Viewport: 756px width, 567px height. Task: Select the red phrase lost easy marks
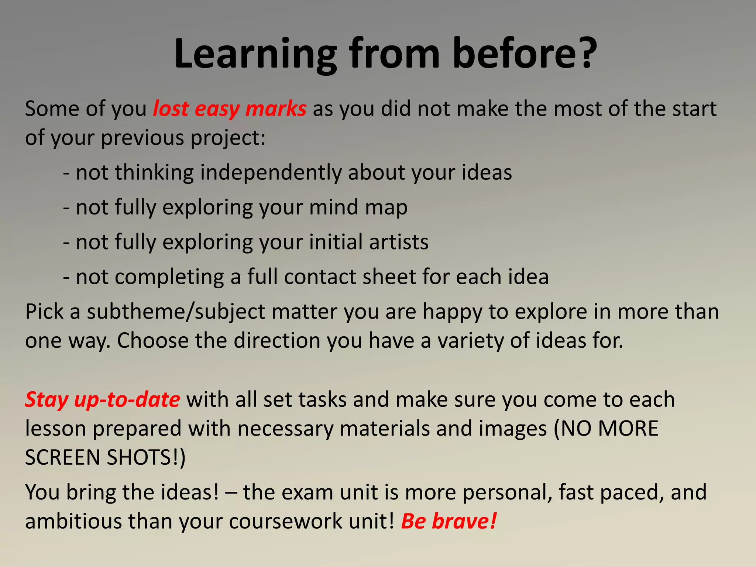click(x=230, y=109)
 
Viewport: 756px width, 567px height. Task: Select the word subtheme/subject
click(x=176, y=312)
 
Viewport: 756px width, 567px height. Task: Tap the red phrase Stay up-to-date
click(x=102, y=400)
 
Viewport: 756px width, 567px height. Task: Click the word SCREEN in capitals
click(x=62, y=458)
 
